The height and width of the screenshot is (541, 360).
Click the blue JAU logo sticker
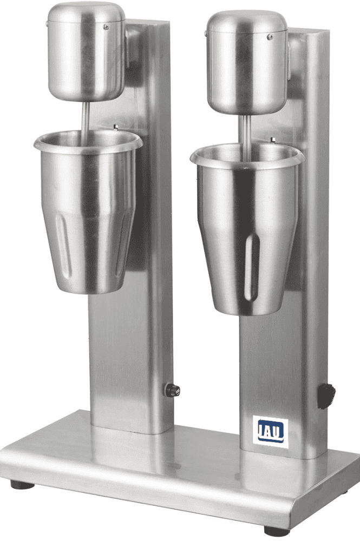[270, 432]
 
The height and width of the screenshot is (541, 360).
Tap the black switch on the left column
[173, 390]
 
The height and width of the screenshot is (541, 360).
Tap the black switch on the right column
[326, 396]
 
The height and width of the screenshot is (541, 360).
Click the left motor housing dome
[86, 52]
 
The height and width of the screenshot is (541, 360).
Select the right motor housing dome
[247, 63]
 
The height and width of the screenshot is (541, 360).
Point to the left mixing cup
[88, 211]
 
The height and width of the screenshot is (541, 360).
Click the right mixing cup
[247, 228]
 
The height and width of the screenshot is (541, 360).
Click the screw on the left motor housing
[106, 27]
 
